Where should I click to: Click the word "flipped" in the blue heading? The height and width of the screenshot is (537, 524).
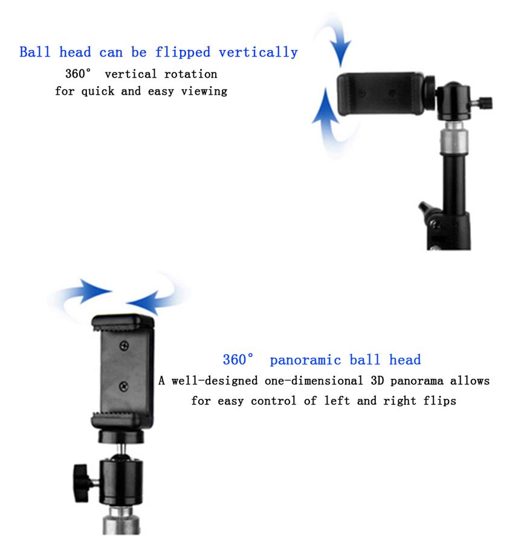(x=183, y=52)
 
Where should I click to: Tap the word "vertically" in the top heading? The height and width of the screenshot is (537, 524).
(x=259, y=52)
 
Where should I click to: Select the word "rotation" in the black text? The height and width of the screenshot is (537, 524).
(x=190, y=74)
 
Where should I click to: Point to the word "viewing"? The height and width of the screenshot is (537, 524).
(x=204, y=92)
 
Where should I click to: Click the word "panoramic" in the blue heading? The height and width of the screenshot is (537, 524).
(x=305, y=360)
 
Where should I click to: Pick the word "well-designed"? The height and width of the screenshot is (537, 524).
(x=215, y=381)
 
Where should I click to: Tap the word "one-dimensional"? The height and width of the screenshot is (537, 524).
(x=314, y=381)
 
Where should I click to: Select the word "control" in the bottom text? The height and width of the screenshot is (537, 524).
(x=274, y=401)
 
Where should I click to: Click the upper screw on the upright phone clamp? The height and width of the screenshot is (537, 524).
(x=125, y=346)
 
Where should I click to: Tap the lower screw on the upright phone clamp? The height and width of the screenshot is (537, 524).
(x=124, y=387)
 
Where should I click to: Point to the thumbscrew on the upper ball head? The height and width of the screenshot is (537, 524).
(x=485, y=103)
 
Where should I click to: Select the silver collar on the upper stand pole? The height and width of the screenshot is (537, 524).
(x=454, y=141)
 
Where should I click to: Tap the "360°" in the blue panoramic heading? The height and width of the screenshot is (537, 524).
(x=239, y=360)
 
